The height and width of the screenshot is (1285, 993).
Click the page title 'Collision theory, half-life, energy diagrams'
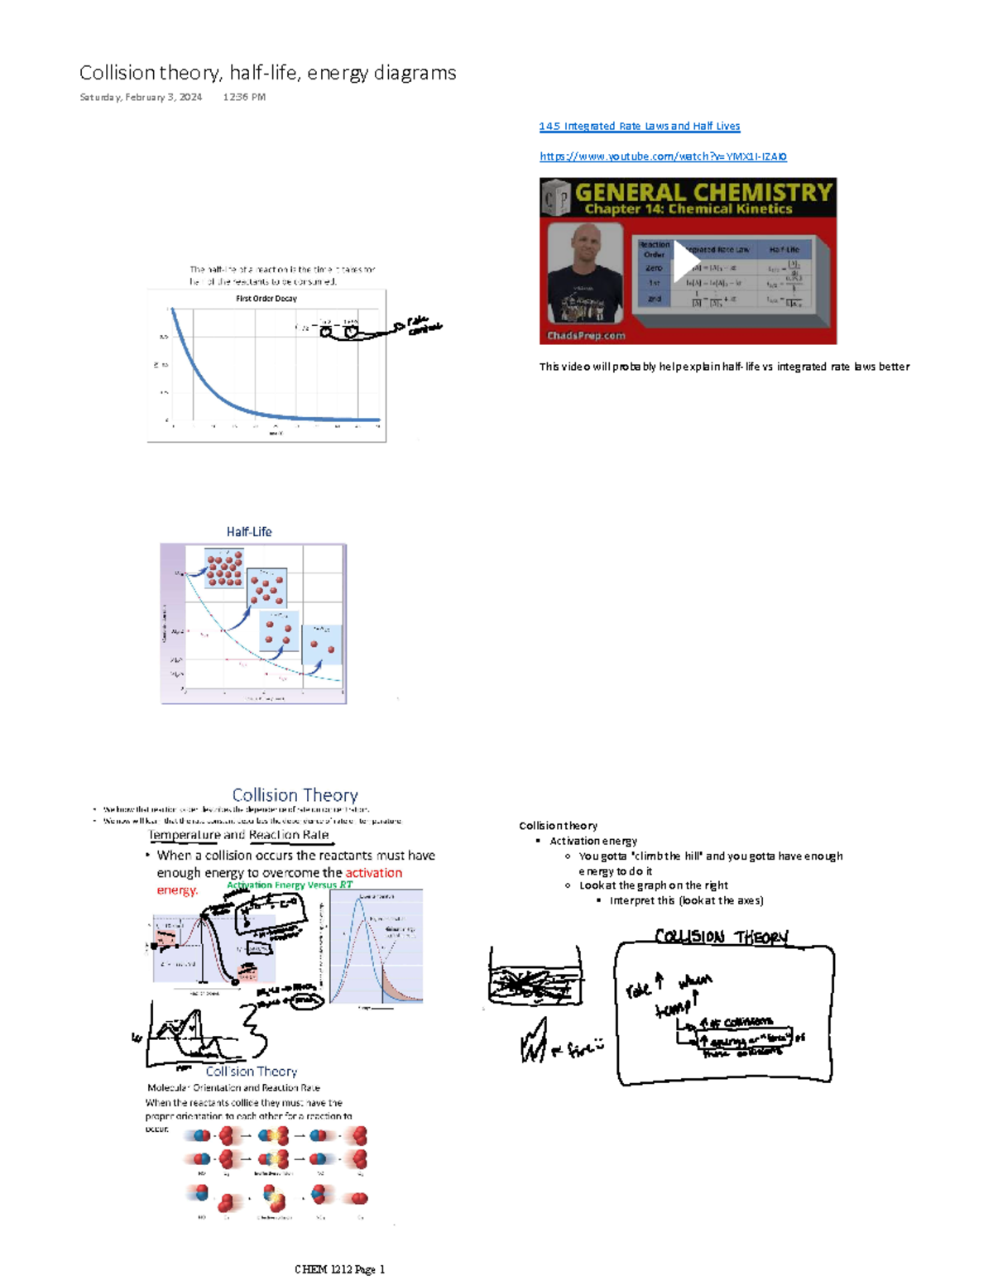(267, 73)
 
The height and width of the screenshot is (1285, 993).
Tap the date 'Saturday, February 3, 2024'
(141, 97)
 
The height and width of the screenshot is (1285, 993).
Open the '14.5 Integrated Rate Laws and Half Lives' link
(639, 127)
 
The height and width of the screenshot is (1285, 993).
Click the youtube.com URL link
(663, 156)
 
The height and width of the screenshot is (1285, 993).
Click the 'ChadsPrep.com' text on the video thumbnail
(586, 336)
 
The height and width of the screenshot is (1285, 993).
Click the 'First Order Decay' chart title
(266, 299)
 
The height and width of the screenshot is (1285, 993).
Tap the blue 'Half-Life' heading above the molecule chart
(249, 532)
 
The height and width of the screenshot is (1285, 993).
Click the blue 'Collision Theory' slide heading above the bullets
(295, 795)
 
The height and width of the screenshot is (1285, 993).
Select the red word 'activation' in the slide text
(373, 873)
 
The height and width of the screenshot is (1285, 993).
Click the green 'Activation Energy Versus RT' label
(290, 885)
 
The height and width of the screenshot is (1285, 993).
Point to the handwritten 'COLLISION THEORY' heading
(722, 937)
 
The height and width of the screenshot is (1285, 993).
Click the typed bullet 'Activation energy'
(593, 841)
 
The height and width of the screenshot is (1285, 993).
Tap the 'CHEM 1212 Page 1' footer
(339, 1269)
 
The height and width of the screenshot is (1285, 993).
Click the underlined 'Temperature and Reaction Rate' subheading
(239, 835)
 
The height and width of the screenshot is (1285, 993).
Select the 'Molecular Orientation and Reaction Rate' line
(233, 1087)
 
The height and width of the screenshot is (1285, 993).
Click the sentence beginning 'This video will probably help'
(724, 367)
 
